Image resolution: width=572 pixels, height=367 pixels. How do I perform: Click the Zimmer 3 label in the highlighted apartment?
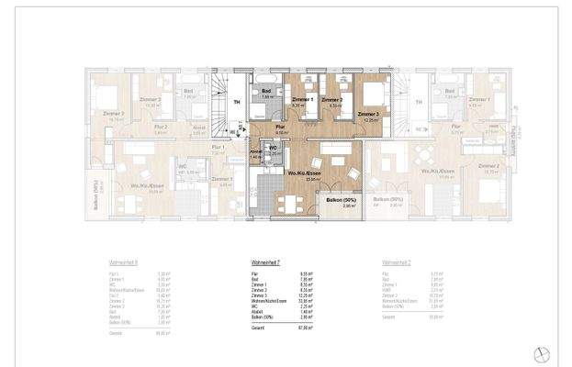click(x=371, y=114)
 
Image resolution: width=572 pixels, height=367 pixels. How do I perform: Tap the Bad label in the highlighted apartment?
click(x=266, y=91)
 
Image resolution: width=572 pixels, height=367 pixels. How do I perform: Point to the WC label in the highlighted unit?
click(x=273, y=147)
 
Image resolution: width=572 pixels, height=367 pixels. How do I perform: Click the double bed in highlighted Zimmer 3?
click(x=370, y=96)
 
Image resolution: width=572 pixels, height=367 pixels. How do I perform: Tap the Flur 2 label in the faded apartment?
click(x=160, y=127)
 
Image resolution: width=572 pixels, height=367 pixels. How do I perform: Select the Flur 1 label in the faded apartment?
click(x=218, y=147)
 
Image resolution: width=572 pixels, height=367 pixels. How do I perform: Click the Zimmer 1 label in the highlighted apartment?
click(x=302, y=99)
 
